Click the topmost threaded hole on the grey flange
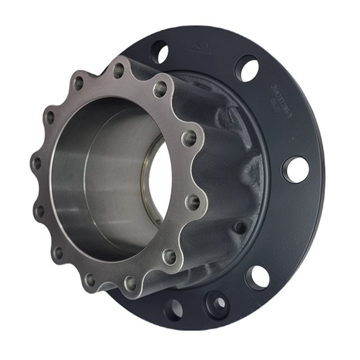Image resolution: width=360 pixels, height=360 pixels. pyautogui.click(x=119, y=71)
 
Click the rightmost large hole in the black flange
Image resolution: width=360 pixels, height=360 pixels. pyautogui.click(x=296, y=169)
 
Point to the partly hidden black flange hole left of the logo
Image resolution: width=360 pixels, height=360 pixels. pyautogui.click(x=160, y=52)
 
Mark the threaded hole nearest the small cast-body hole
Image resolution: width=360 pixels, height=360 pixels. pyautogui.click(x=192, y=201)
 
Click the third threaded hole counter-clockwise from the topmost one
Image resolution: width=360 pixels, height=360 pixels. pyautogui.click(x=37, y=164)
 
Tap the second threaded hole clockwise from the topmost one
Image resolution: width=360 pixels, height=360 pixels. pyautogui.click(x=190, y=137)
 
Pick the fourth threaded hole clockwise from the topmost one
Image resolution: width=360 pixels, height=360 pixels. pyautogui.click(x=169, y=256)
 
